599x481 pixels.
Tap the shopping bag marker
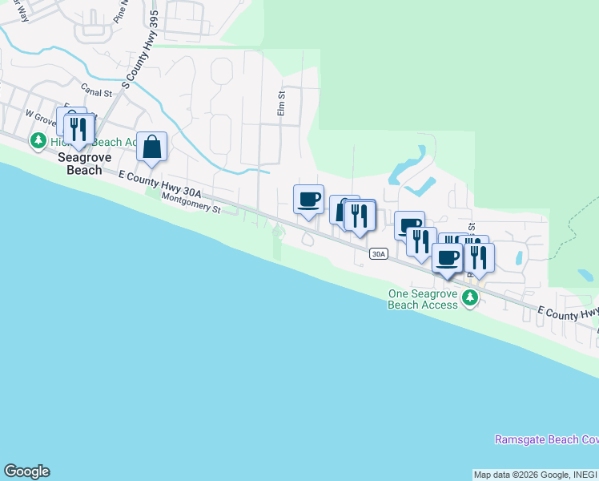point(151,148)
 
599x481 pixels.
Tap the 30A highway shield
point(379,254)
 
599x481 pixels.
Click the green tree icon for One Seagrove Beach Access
point(471,299)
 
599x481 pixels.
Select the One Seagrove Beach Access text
point(422,299)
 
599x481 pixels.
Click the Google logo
point(26,471)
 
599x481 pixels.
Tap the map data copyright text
point(535,475)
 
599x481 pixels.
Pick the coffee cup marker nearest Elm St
point(308,199)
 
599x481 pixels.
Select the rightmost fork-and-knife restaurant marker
point(479,257)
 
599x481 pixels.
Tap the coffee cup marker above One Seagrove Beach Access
point(448,258)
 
